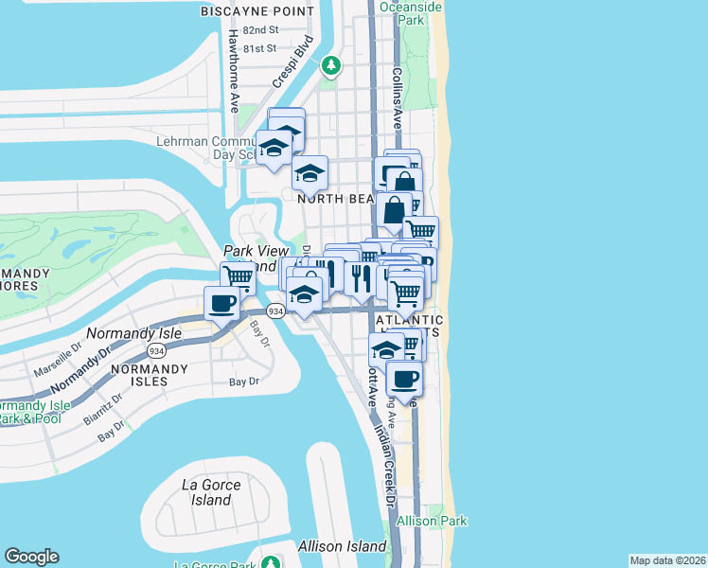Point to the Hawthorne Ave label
[233, 70]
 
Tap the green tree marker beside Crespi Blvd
[330, 65]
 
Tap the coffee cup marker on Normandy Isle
[222, 304]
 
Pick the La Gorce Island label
[210, 492]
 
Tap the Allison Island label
[342, 546]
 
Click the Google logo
[31, 557]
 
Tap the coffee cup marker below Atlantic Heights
[404, 379]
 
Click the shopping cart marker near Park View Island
[238, 277]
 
